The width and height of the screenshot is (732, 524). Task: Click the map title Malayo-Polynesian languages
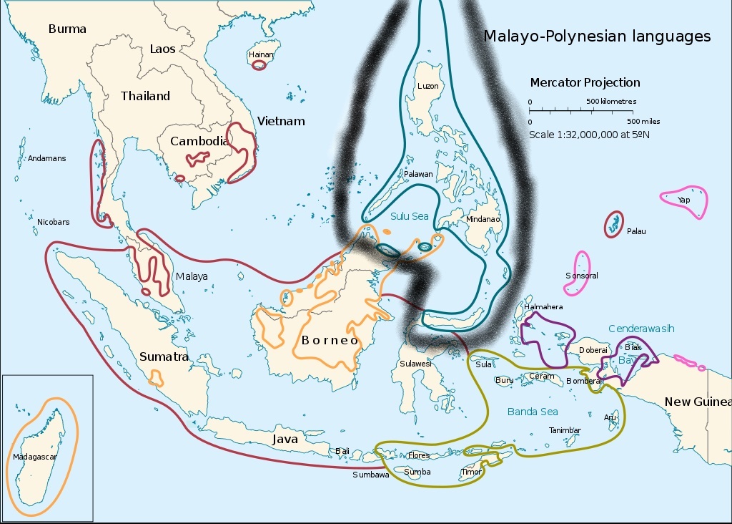pyautogui.click(x=597, y=37)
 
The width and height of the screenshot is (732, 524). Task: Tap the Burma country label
pyautogui.click(x=67, y=29)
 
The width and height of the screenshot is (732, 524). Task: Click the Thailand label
pyautogui.click(x=145, y=96)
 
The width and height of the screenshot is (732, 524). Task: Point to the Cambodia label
pyautogui.click(x=199, y=141)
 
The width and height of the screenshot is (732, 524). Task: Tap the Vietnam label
pyautogui.click(x=281, y=121)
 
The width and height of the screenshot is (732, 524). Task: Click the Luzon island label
pyautogui.click(x=427, y=86)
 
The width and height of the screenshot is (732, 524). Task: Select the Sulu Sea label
pyautogui.click(x=409, y=215)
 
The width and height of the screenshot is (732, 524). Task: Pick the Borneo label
pyautogui.click(x=330, y=341)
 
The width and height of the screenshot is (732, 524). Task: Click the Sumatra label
pyautogui.click(x=164, y=356)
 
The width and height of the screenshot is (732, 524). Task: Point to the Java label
pyautogui.click(x=285, y=439)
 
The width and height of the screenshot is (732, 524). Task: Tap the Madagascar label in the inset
pyautogui.click(x=35, y=456)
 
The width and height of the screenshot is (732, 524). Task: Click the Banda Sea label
pyautogui.click(x=533, y=412)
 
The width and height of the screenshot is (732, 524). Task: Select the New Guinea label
pyautogui.click(x=697, y=402)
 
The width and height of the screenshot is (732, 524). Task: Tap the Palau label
pyautogui.click(x=635, y=231)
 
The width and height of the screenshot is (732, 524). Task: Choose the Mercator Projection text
pyautogui.click(x=585, y=82)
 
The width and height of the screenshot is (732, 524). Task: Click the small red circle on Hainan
pyautogui.click(x=259, y=65)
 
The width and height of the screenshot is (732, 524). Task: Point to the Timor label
pyautogui.click(x=471, y=472)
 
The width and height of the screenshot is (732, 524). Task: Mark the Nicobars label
pyautogui.click(x=54, y=222)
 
